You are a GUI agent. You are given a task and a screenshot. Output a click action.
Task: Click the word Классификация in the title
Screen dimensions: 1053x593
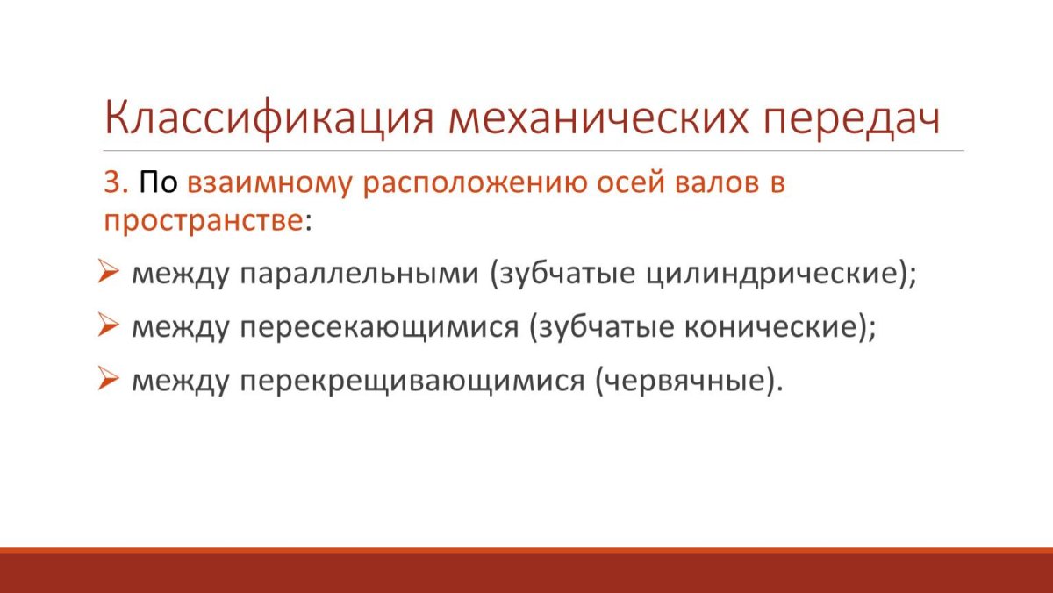269,118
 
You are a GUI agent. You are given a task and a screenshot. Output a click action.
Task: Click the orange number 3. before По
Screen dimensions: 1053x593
116,182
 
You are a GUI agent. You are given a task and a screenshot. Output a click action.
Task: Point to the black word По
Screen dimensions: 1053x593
159,182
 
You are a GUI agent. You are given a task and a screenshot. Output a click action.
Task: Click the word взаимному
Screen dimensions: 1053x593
270,183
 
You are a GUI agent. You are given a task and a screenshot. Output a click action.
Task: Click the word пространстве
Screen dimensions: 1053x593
203,221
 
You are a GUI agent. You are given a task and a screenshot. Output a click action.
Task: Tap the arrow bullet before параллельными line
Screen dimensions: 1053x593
108,271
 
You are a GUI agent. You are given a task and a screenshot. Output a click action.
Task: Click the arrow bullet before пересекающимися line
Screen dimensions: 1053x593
108,325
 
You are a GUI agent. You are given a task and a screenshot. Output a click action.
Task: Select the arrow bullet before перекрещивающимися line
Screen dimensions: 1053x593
108,379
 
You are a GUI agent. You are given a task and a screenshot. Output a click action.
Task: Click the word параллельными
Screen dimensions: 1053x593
359,275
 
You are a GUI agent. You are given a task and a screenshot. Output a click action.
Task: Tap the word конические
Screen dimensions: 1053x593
770,326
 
